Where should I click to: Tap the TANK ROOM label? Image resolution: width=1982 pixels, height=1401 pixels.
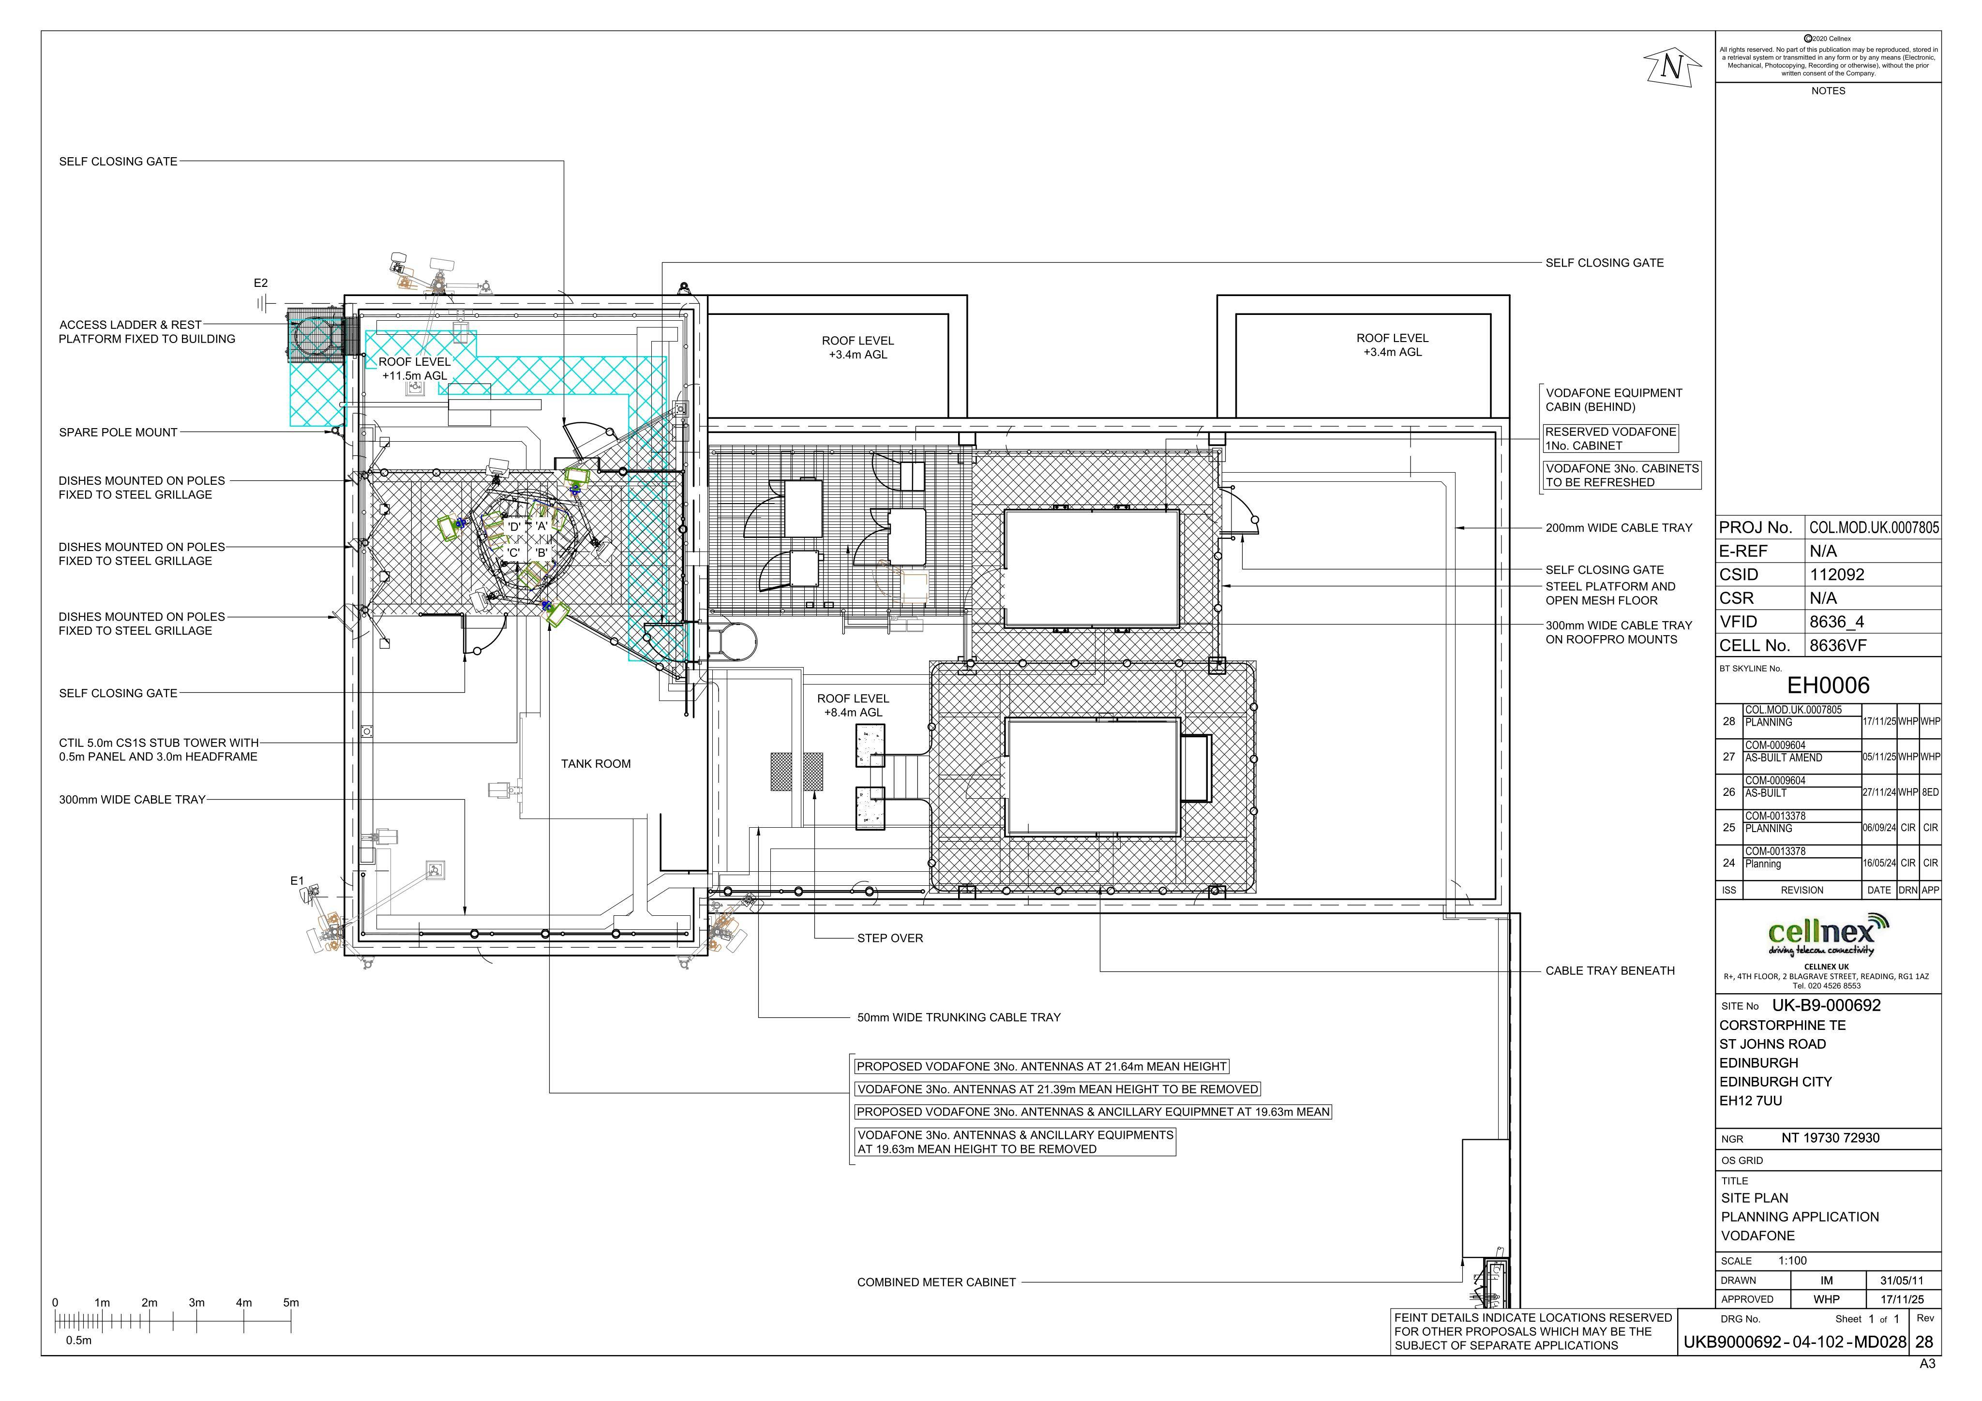(596, 764)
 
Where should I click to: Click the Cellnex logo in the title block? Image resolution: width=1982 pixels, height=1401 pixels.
(1827, 935)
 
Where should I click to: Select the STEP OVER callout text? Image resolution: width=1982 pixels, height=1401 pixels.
(890, 939)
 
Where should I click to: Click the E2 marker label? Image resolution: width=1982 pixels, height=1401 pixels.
(261, 283)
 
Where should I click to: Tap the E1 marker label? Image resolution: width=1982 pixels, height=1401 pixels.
(297, 880)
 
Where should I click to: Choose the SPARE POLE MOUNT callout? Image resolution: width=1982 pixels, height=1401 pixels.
(118, 432)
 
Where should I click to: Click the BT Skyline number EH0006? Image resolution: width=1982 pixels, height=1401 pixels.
(1828, 686)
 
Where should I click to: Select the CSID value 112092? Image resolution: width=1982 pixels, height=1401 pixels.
(1837, 575)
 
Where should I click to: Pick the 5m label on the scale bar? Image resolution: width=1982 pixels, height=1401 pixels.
(291, 1303)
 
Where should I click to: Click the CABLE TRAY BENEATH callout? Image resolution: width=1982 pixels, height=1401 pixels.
(1610, 971)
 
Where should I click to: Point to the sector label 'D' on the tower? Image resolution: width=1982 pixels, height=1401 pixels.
(513, 526)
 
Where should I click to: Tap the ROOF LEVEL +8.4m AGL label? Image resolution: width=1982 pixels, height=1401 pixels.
(853, 705)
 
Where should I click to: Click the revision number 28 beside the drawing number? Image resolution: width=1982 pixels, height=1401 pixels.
(1924, 1342)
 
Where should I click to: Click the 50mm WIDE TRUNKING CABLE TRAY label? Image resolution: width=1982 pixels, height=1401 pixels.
(959, 1018)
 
